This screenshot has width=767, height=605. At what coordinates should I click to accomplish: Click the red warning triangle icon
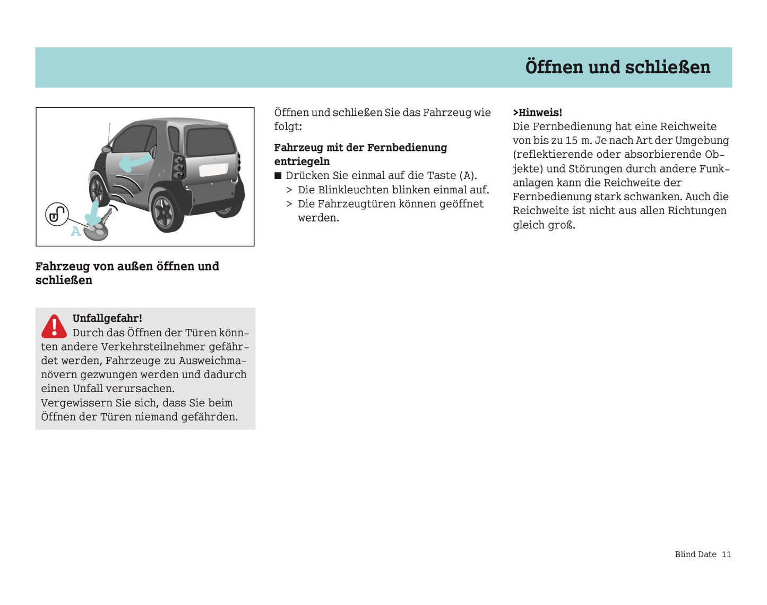(x=54, y=326)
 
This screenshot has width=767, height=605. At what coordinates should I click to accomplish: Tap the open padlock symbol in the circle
(x=56, y=214)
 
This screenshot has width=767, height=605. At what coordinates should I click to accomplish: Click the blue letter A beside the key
(x=76, y=231)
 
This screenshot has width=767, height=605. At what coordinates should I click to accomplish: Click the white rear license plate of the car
(x=213, y=170)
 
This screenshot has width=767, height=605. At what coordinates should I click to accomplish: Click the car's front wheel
(x=98, y=190)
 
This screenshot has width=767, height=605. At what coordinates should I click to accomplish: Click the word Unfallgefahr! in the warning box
(x=107, y=318)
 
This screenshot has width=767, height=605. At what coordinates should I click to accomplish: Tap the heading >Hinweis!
(x=537, y=113)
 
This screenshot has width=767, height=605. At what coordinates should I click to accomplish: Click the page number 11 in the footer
(x=726, y=554)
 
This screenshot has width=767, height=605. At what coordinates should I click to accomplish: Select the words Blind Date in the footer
(x=695, y=554)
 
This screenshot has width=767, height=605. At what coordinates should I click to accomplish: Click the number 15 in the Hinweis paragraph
(x=571, y=140)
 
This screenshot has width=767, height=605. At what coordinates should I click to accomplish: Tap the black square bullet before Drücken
(x=278, y=176)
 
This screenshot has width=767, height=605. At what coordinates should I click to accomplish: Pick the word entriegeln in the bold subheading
(x=301, y=161)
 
